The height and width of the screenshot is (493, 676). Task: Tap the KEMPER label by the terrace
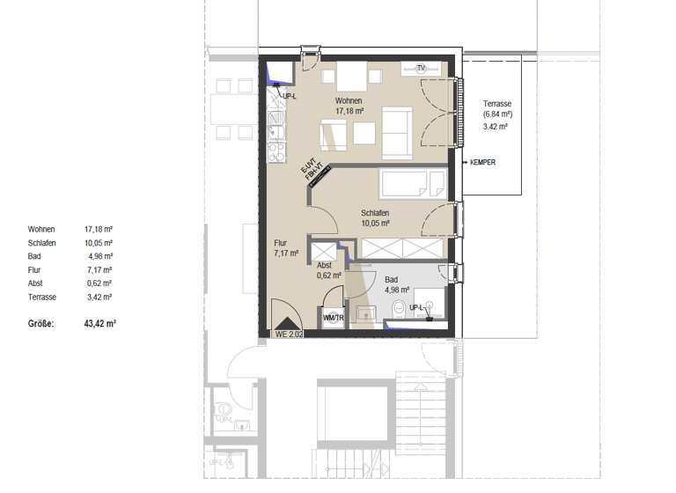(482, 163)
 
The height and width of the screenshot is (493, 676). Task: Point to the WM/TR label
(333, 318)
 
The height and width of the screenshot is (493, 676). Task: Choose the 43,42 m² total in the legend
(99, 324)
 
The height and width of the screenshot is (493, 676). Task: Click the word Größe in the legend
(40, 324)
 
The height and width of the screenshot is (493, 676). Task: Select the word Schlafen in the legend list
(42, 242)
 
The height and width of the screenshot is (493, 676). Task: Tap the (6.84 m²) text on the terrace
(497, 114)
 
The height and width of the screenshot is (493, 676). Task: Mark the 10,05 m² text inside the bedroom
(375, 224)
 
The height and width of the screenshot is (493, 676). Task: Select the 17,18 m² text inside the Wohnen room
(349, 112)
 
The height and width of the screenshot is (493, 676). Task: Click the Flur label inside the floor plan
(280, 243)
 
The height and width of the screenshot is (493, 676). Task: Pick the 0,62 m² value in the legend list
(98, 284)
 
